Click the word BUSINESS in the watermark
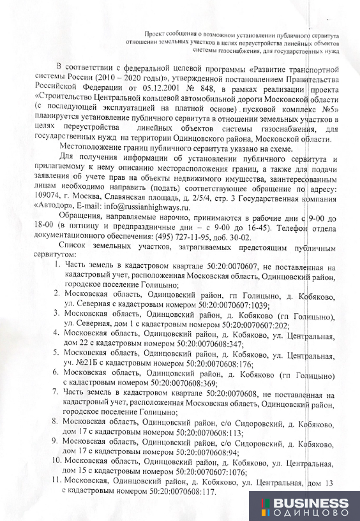point(311,501)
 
